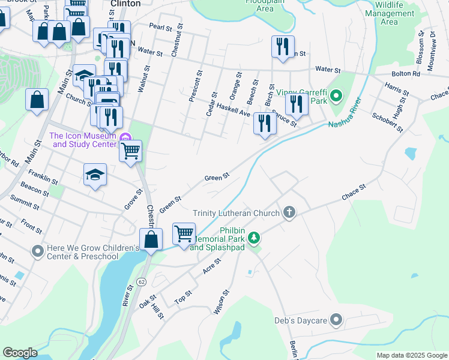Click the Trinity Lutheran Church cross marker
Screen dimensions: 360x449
(289, 212)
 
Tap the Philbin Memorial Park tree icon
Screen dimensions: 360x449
(255, 238)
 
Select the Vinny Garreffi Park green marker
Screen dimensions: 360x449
(336, 95)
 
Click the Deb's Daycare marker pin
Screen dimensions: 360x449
(336, 320)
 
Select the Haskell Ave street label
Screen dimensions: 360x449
(234, 110)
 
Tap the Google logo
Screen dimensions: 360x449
(20, 353)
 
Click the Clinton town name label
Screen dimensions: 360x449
(126, 4)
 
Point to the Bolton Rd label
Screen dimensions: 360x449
(406, 73)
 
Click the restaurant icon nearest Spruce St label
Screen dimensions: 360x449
(296, 103)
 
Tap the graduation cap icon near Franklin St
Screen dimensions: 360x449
(95, 175)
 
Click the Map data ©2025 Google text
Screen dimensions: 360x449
(412, 355)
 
